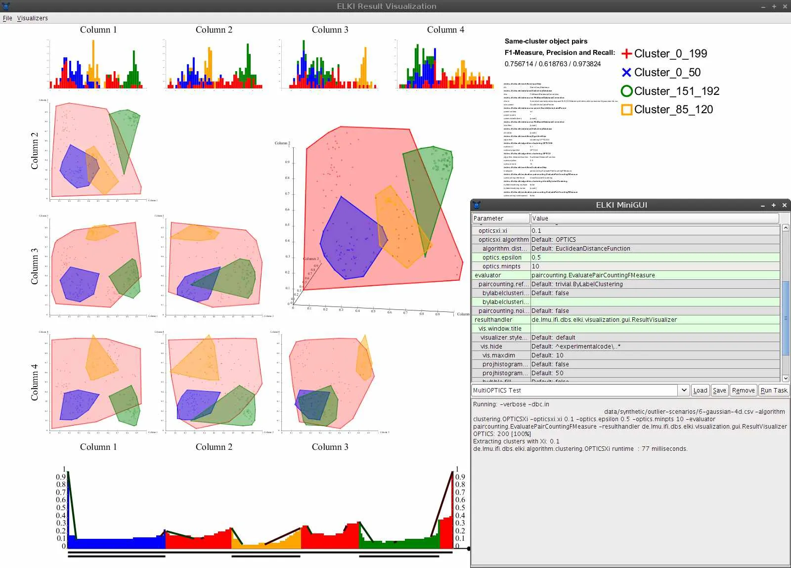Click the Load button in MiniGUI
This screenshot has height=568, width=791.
click(700, 390)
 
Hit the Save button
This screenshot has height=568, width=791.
click(719, 390)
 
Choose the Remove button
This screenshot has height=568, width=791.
click(743, 390)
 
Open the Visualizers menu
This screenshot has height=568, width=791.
click(32, 18)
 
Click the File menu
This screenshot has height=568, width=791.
click(7, 18)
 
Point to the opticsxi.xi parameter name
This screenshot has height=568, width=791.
click(493, 230)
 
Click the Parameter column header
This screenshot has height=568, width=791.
click(500, 218)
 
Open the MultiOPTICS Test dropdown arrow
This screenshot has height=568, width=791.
click(684, 390)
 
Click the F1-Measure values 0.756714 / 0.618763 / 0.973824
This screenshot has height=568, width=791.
click(552, 64)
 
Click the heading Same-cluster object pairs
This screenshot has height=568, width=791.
click(546, 41)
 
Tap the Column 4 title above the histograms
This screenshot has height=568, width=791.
click(445, 30)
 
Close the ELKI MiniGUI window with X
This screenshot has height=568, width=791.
click(784, 205)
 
